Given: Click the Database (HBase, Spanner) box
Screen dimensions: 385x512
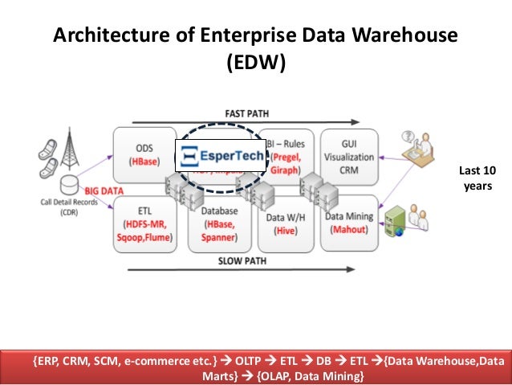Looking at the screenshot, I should point(214,224).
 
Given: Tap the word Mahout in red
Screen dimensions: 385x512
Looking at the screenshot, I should point(349,228).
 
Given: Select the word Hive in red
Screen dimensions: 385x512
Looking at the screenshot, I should point(285,229).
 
